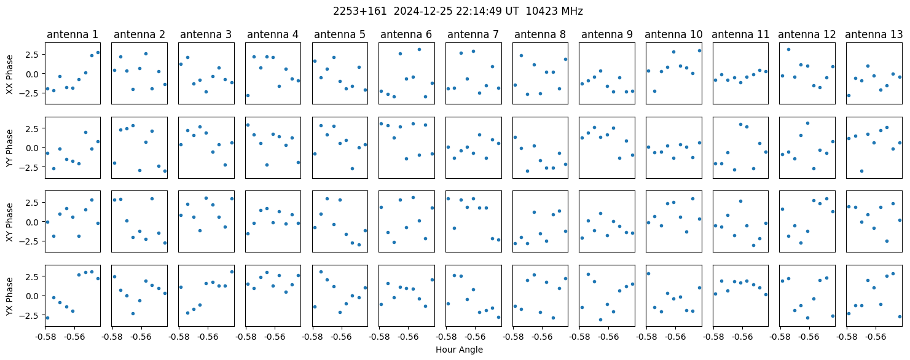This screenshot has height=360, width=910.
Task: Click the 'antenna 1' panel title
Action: (x=73, y=34)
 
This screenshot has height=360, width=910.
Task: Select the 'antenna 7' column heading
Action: (x=473, y=34)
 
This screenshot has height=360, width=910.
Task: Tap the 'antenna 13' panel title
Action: (x=874, y=34)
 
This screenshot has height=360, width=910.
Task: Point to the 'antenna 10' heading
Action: (x=673, y=34)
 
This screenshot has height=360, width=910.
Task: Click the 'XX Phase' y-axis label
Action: (x=10, y=74)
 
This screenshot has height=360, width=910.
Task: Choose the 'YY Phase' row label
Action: (x=10, y=148)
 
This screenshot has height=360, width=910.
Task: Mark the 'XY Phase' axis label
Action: (x=10, y=222)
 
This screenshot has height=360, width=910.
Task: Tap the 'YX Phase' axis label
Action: (x=10, y=295)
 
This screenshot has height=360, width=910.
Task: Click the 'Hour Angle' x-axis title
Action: (x=459, y=350)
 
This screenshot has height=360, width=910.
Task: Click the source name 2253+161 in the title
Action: (x=360, y=12)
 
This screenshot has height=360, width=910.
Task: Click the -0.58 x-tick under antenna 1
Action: (x=45, y=337)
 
